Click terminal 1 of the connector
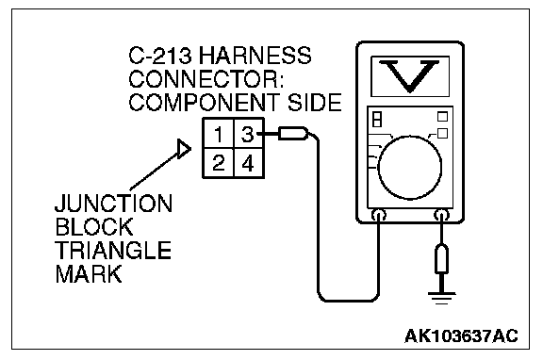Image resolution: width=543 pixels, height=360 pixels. (x=219, y=134)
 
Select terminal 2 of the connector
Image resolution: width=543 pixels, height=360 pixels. (x=219, y=163)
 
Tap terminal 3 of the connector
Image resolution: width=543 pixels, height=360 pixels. (x=249, y=134)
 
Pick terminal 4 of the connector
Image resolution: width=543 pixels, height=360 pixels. (x=249, y=163)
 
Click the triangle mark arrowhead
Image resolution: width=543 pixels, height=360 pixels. (x=184, y=149)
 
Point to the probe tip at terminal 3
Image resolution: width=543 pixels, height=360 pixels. (x=292, y=134)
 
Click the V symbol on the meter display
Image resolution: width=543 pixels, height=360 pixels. (x=410, y=76)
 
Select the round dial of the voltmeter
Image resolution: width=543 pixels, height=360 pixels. (x=410, y=168)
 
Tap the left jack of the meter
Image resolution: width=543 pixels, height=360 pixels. (x=379, y=215)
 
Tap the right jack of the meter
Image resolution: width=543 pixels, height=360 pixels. (x=441, y=215)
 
